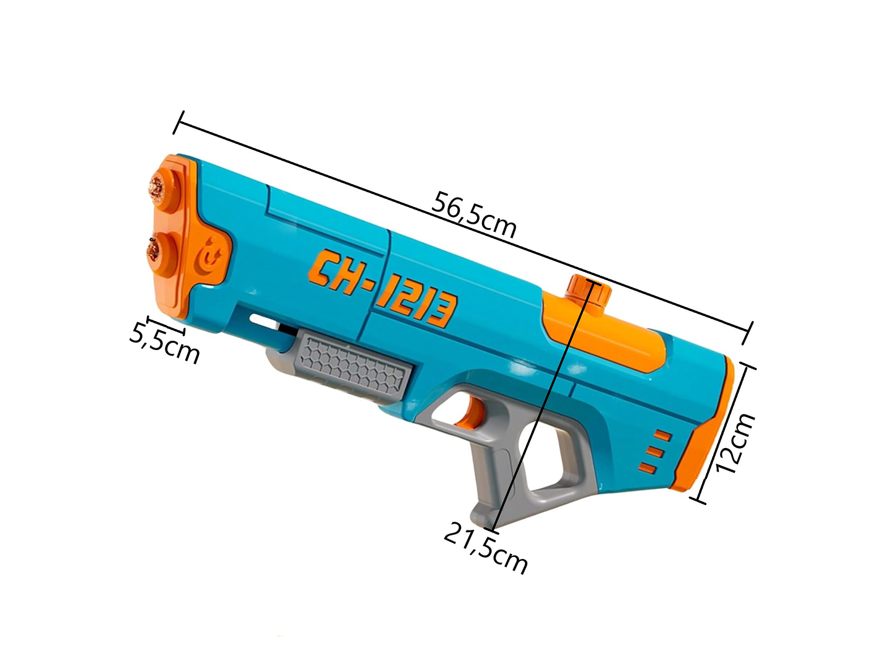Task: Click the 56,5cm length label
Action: [474, 214]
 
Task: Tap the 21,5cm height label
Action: [485, 548]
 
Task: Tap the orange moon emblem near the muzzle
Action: [215, 255]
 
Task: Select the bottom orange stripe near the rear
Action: [648, 467]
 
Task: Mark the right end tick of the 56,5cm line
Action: [749, 333]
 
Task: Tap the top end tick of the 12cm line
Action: [747, 367]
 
